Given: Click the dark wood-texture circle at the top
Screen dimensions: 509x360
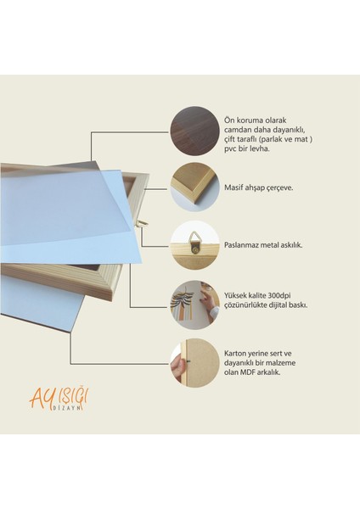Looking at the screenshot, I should pyautogui.click(x=194, y=130).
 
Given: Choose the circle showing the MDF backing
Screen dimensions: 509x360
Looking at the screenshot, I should pyautogui.click(x=194, y=363).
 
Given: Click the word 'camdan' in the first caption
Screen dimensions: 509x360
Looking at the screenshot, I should pyautogui.click(x=239, y=129).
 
